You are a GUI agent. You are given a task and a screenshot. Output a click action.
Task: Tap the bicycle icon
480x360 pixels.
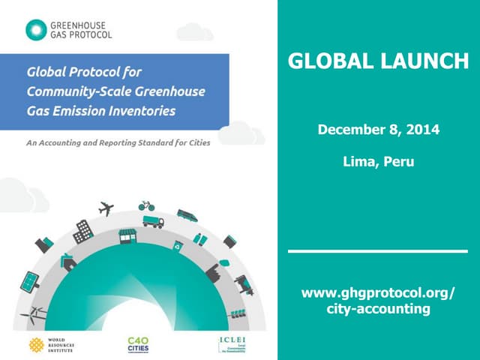click(145, 205)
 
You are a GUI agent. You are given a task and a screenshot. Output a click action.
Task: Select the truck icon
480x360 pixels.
click(152, 222)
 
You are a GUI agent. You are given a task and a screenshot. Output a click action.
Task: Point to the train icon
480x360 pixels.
click(187, 215)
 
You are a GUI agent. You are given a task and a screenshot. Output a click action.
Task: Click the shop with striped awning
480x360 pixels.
click(128, 236)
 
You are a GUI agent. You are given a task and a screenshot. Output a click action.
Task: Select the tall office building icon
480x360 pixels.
click(82, 231)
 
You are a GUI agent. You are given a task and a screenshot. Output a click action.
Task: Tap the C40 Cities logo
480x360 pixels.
click(138, 344)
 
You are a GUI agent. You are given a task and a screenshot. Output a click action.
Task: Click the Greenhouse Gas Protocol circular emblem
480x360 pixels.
click(34, 30)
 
